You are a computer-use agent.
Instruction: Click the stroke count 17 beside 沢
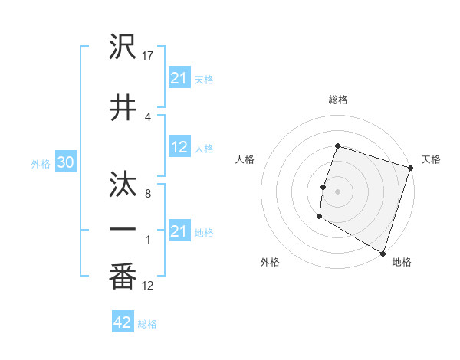point(148,56)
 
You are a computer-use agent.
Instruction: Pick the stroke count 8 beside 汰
point(147,194)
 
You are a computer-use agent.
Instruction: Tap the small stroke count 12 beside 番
point(148,286)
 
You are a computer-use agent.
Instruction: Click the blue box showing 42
point(123,322)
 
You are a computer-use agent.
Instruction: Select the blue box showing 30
point(65,162)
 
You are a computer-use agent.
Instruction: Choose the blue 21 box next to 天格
point(179,77)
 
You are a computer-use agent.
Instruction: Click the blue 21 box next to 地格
point(179,231)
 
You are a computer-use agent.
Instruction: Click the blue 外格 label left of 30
point(41,163)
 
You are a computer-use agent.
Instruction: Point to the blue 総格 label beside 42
point(147,324)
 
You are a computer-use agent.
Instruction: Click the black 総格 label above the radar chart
point(337,100)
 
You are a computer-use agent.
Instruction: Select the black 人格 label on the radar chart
point(245,159)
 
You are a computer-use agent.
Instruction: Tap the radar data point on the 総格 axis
point(337,146)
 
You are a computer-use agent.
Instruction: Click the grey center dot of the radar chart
point(337,191)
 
